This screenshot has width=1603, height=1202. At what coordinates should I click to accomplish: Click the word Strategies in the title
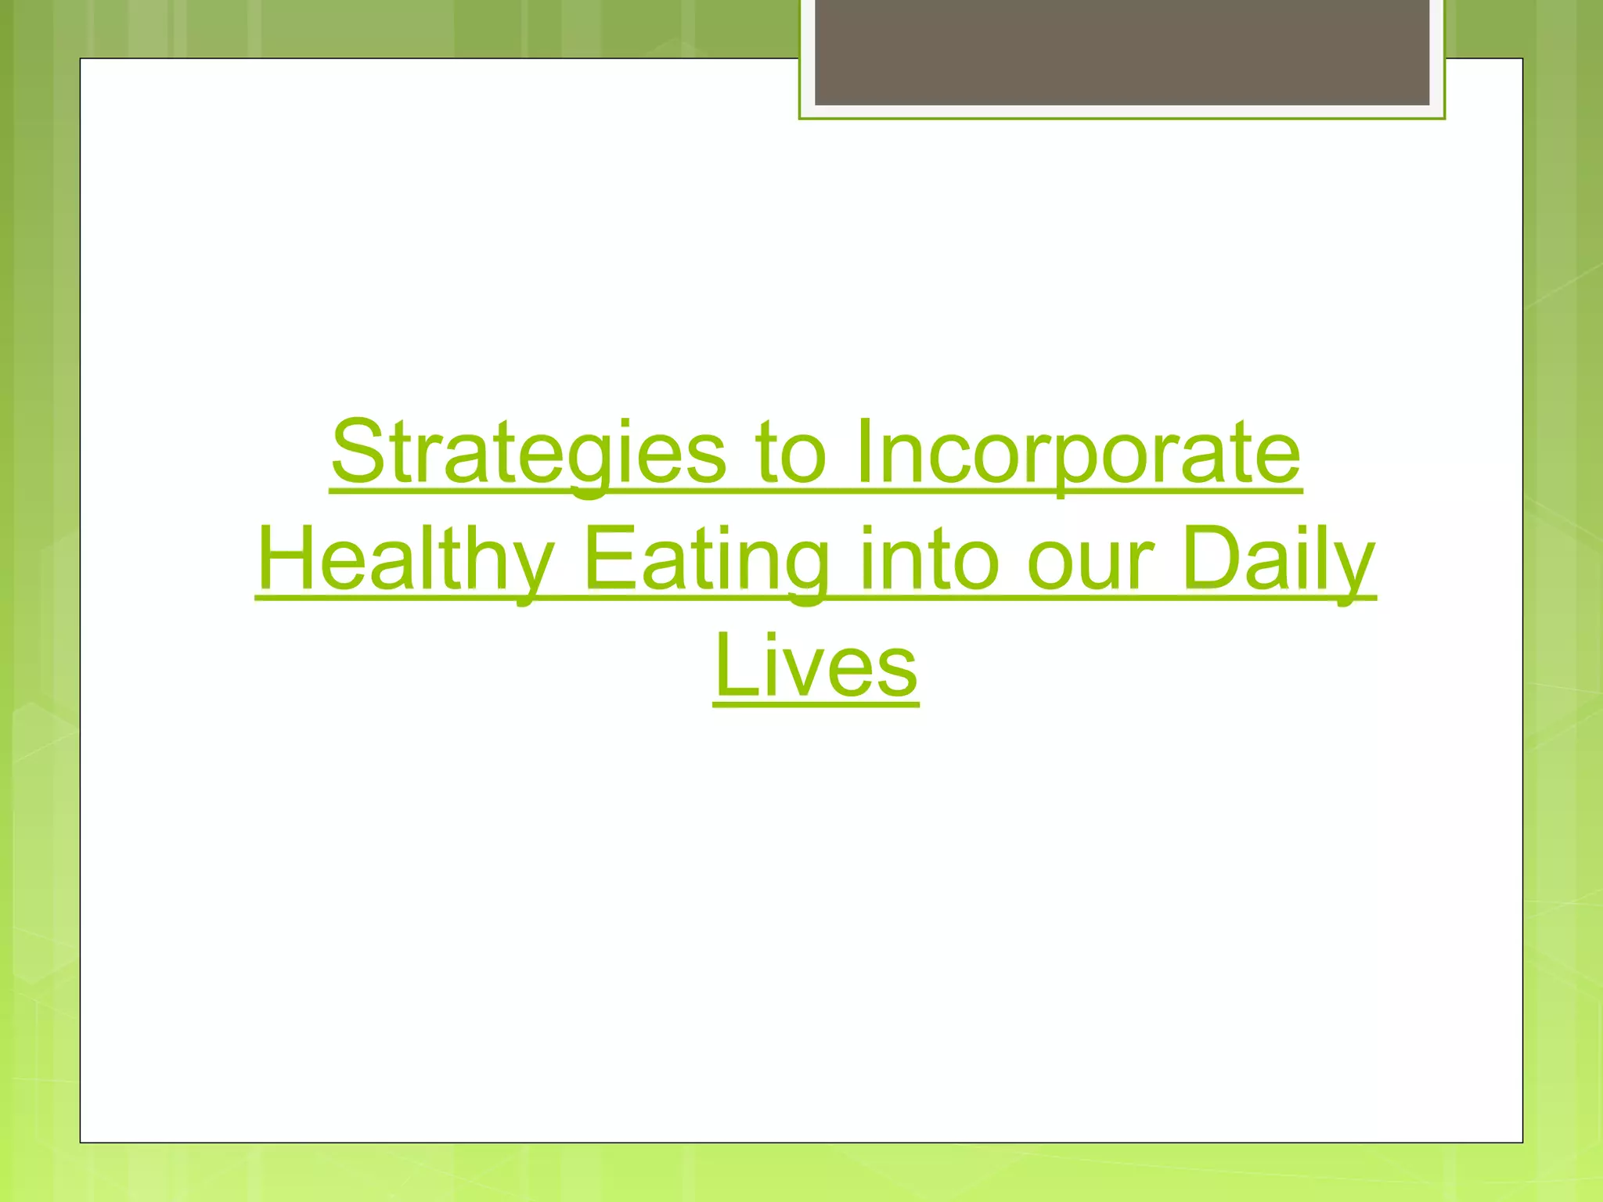[529, 454]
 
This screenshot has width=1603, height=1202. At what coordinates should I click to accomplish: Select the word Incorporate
[1078, 454]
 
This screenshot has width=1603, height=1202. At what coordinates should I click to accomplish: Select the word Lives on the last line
[816, 668]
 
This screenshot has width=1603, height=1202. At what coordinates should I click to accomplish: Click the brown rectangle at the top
[1122, 52]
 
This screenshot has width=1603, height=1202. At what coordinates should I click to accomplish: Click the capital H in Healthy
[287, 559]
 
